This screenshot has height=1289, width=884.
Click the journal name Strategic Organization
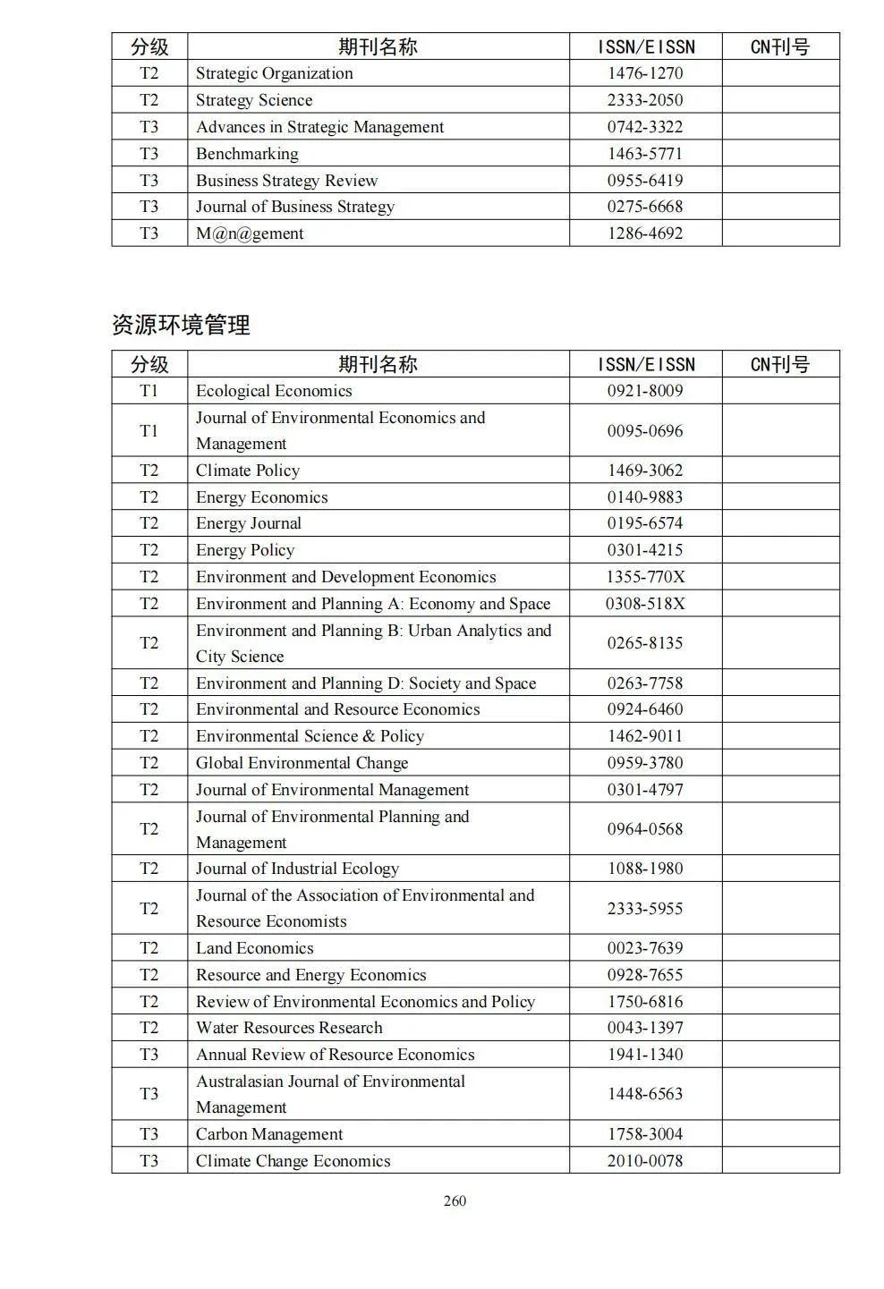[274, 73]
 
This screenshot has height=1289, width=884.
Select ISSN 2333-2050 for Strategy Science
[644, 100]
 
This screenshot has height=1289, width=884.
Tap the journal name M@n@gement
[250, 233]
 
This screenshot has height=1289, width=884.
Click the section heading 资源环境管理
[181, 325]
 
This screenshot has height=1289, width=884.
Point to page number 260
[455, 1201]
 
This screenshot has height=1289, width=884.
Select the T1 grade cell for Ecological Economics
[149, 391]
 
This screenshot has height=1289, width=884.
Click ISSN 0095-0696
[644, 431]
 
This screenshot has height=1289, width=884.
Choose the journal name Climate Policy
[248, 471]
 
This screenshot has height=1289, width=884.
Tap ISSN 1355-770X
[644, 577]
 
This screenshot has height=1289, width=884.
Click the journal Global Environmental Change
[302, 763]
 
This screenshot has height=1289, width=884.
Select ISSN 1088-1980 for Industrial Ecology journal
[644, 869]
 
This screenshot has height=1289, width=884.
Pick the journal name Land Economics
[255, 948]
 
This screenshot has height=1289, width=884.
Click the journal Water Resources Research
[289, 1028]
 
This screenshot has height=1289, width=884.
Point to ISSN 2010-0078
[644, 1161]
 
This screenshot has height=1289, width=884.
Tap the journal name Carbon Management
[269, 1134]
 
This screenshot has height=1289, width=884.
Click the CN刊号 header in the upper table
[779, 47]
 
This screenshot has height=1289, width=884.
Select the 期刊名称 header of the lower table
[378, 364]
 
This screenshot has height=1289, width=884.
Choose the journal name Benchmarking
[247, 154]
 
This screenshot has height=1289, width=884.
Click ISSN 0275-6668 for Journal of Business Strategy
[644, 207]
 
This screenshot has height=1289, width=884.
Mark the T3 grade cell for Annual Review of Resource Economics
[149, 1055]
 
